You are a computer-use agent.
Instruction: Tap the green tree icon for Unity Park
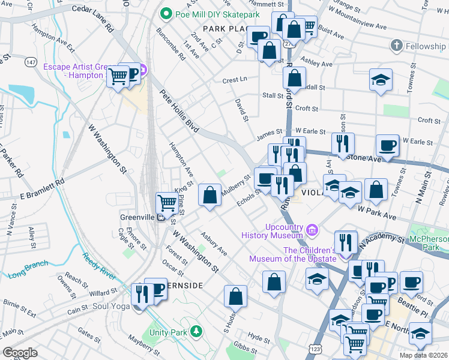coord(195,331)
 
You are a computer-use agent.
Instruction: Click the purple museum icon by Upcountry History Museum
coord(312,230)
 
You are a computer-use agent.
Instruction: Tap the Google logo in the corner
coord(20,353)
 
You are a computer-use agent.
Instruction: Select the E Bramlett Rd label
coord(41,188)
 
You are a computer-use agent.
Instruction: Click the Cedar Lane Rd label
coord(93,18)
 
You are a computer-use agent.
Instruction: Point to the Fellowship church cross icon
coord(396,46)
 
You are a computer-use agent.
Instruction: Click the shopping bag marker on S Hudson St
coord(236,296)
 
